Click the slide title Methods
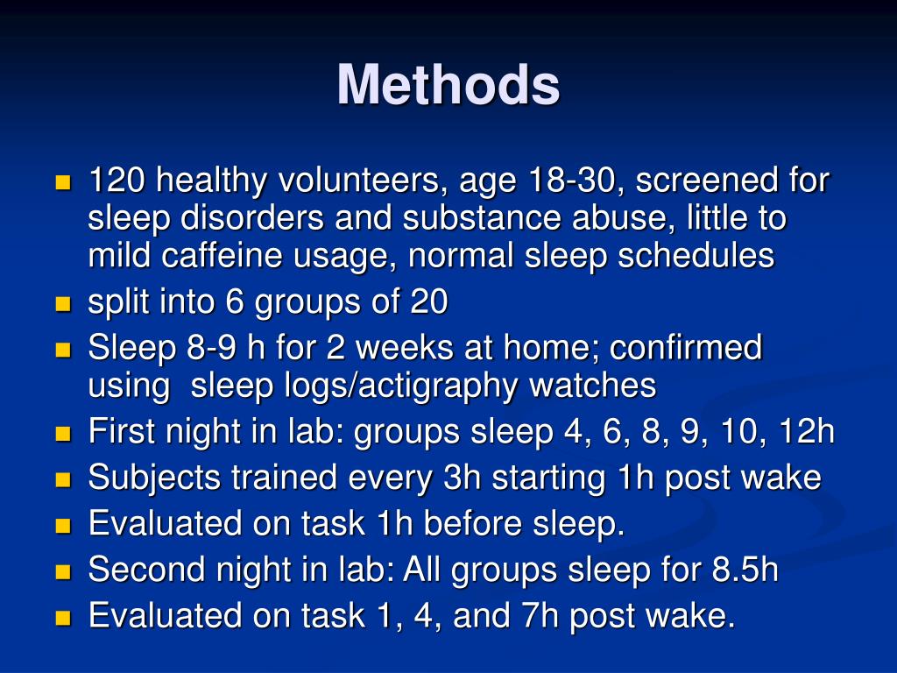click(x=448, y=86)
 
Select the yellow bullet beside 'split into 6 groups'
click(x=62, y=305)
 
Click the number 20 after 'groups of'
click(x=429, y=302)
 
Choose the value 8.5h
click(x=744, y=570)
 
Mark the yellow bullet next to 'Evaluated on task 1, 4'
click(x=62, y=619)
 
